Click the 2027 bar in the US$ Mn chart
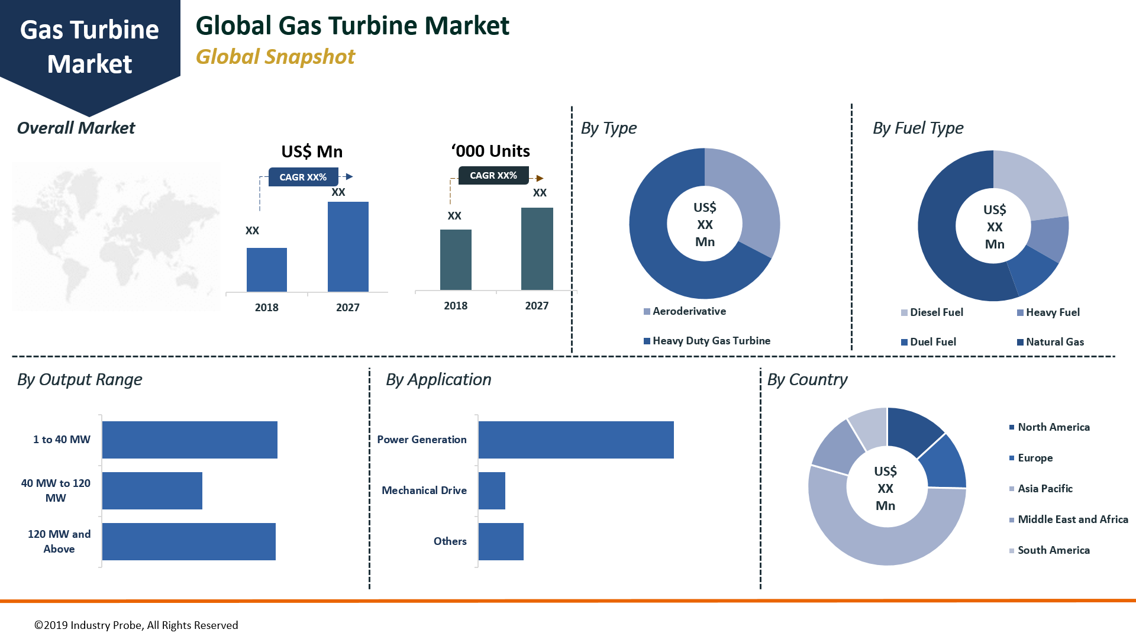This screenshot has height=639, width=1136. [348, 247]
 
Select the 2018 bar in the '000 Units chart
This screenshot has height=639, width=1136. [456, 260]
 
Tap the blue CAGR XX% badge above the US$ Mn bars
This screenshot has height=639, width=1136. [303, 177]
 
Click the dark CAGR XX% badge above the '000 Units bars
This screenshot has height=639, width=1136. [493, 175]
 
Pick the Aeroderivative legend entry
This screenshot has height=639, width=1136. [689, 311]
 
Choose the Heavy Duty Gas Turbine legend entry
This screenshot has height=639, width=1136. [711, 341]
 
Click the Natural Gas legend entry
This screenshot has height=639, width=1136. [1054, 342]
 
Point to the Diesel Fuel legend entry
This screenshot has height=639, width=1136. [936, 312]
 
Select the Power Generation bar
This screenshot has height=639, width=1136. [576, 440]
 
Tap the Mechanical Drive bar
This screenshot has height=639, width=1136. [492, 490]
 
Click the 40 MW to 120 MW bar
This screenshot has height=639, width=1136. [152, 490]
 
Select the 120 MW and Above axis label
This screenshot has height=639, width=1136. [59, 541]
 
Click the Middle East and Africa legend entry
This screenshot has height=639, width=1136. [1072, 519]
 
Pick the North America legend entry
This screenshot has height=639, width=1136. [1053, 427]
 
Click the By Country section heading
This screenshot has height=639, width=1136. [807, 379]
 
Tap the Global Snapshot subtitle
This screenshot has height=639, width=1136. [275, 57]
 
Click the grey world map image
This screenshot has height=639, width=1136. [116, 237]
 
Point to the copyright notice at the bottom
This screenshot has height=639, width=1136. [136, 625]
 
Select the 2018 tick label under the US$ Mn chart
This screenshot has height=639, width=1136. [266, 308]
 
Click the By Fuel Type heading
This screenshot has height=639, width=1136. [918, 128]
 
